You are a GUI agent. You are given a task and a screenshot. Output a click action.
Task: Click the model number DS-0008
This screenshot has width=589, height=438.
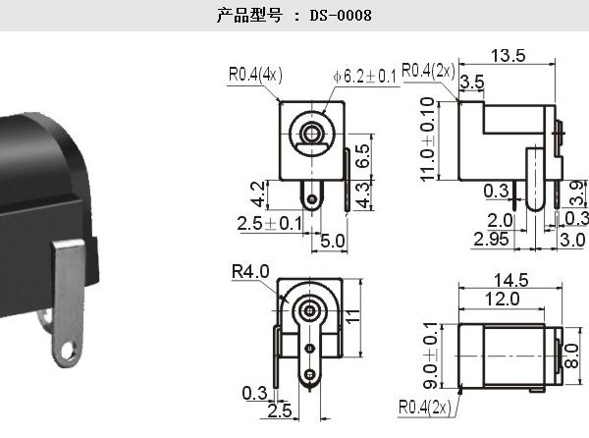[x=341, y=16]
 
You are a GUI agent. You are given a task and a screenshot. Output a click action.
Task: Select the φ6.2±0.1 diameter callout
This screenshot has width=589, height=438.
[x=364, y=77]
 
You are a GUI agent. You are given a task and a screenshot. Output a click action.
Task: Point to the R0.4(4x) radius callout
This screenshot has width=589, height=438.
[x=255, y=74]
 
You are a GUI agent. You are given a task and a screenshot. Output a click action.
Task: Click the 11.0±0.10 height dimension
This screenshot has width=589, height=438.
[x=428, y=139]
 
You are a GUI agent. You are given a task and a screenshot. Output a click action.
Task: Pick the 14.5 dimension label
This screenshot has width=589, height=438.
[x=510, y=280]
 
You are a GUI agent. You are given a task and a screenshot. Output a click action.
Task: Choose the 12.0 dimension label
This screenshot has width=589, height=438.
[x=503, y=299]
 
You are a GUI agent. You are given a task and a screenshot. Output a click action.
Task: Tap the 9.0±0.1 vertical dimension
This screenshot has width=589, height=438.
[x=431, y=356]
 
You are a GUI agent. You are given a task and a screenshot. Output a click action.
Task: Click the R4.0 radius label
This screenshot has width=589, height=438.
[x=250, y=271]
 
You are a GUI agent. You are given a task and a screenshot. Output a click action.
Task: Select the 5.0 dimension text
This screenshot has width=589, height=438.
[x=333, y=241]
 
